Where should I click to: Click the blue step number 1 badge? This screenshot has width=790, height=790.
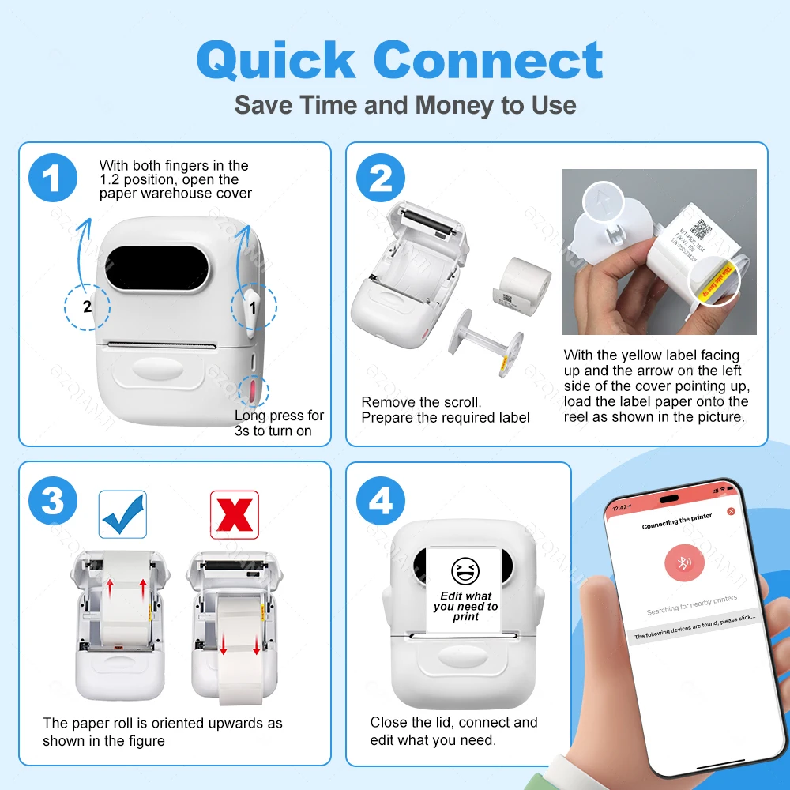coord(53,179)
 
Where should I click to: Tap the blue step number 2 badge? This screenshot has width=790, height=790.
coord(381,179)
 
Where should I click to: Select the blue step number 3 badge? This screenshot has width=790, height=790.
coord(53,499)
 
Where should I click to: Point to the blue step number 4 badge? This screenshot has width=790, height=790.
coord(381,499)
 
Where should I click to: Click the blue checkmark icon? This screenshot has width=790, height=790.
coord(122,513)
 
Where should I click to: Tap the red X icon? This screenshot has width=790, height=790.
coord(235,513)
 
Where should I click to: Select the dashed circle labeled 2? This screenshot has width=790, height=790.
coord(88,307)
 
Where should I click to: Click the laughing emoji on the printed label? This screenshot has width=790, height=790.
coord(465,570)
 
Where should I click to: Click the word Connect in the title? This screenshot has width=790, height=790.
coord(487,60)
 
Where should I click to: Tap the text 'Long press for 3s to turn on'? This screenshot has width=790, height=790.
coord(279,423)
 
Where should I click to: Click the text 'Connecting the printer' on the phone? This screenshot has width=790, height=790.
coord(676,521)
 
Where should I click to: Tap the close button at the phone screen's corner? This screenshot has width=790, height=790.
coord(731,511)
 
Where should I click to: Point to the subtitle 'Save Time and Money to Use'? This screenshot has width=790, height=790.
coord(405,105)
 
